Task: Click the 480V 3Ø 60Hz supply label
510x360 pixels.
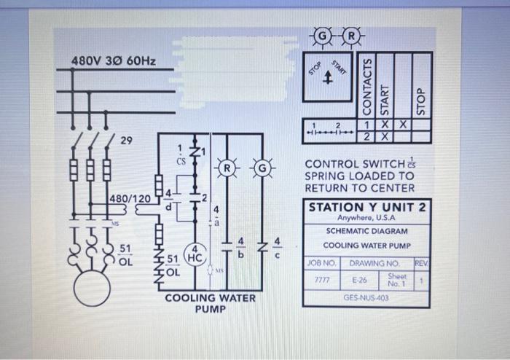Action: tap(113, 59)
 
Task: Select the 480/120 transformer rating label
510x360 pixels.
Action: tap(130, 198)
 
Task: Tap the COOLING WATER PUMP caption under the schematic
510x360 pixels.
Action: tap(211, 303)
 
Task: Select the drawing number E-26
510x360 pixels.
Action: tap(359, 279)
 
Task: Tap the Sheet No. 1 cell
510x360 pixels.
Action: tap(396, 279)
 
